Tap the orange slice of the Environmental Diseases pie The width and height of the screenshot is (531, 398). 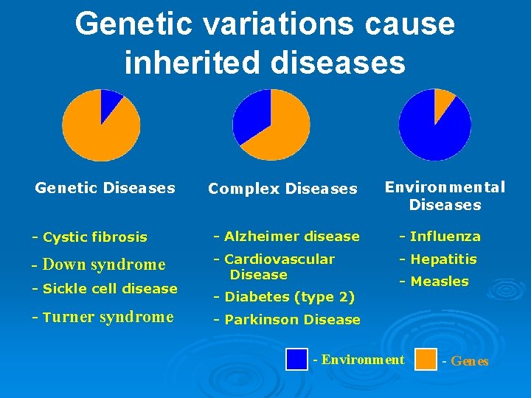pyautogui.click(x=443, y=99)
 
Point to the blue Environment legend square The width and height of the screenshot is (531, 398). pyautogui.click(x=296, y=360)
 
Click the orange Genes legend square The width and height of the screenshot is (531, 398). pyautogui.click(x=426, y=360)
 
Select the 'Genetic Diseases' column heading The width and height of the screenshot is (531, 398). pyautogui.click(x=105, y=188)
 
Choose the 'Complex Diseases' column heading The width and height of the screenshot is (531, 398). pyautogui.click(x=282, y=189)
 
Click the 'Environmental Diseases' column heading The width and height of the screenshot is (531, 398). pyautogui.click(x=445, y=196)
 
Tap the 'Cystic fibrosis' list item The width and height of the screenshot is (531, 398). pyautogui.click(x=89, y=237)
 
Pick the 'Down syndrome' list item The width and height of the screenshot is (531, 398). pyautogui.click(x=98, y=265)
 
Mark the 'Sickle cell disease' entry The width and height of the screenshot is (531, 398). pyautogui.click(x=105, y=288)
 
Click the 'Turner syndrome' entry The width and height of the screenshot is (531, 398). pyautogui.click(x=103, y=317)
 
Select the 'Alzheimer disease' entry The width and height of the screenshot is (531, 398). pyautogui.click(x=286, y=237)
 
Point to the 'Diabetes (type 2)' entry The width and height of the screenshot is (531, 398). pyautogui.click(x=284, y=297)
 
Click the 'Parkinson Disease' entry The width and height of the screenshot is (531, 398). pyautogui.click(x=287, y=320)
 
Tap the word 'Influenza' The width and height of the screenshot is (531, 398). pyautogui.click(x=445, y=237)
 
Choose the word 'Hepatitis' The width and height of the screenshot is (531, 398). pyautogui.click(x=443, y=259)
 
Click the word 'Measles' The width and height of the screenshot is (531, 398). pyautogui.click(x=439, y=282)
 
